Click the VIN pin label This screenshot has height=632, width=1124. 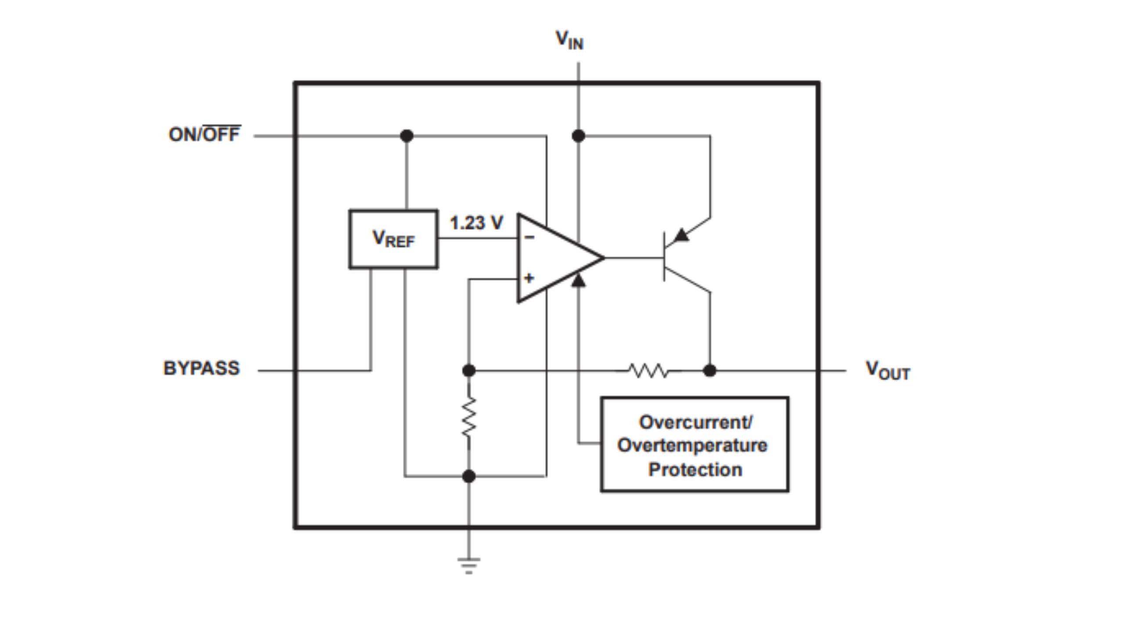(569, 40)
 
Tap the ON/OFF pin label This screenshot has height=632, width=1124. (205, 134)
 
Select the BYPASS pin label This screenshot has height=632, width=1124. (202, 368)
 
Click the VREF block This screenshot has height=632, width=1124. (393, 239)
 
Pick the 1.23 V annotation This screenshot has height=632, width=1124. (476, 223)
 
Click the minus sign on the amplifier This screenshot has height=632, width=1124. (530, 237)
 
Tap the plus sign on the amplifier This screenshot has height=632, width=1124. (529, 278)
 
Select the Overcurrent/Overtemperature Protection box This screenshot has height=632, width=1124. (694, 445)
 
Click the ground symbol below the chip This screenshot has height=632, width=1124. (468, 565)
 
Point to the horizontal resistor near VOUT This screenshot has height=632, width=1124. (648, 371)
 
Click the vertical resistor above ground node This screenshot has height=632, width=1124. (468, 417)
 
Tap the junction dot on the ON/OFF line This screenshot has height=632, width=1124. (407, 136)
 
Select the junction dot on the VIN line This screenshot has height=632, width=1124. (578, 136)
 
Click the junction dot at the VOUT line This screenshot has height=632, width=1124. (710, 371)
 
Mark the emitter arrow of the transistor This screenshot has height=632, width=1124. (682, 236)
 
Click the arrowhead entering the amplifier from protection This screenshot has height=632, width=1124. (578, 280)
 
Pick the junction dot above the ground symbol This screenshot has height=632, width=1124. (468, 476)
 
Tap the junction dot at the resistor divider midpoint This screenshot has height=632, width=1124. (468, 371)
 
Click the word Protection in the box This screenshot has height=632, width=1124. (695, 470)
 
